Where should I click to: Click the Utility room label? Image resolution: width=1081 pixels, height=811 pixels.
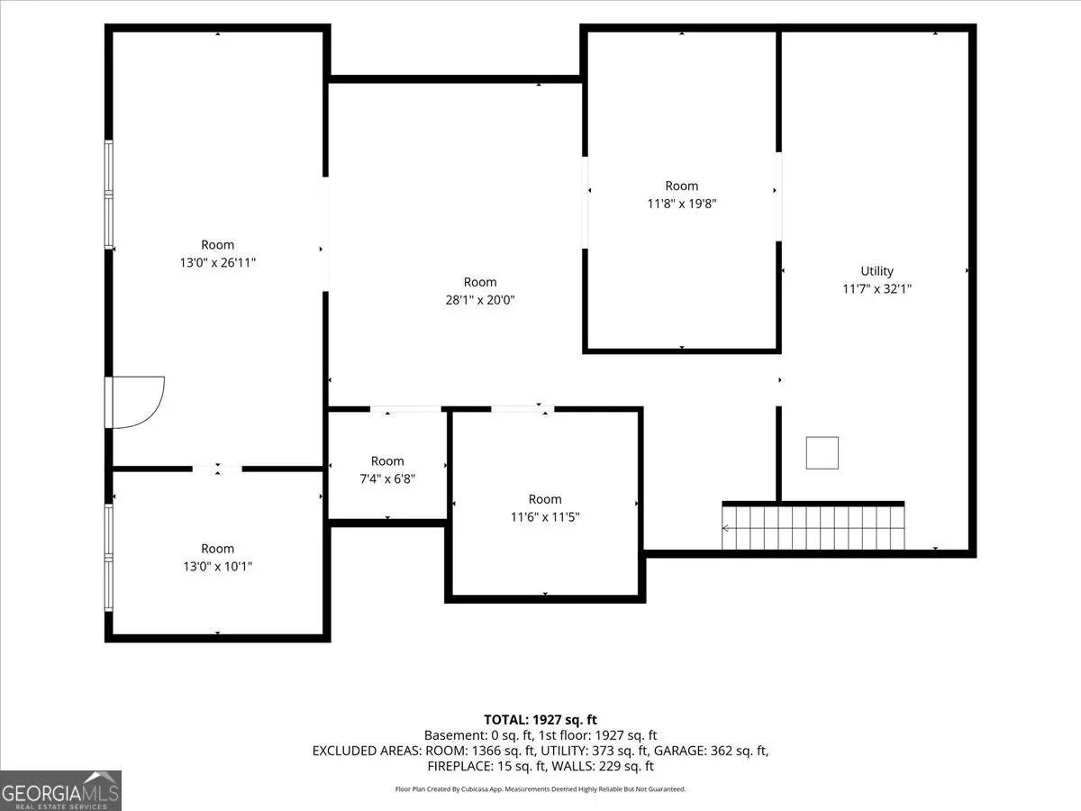[x=877, y=271]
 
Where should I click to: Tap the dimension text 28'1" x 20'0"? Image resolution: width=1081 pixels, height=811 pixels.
[x=479, y=300]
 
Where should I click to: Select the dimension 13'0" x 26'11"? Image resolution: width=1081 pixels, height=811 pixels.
[x=217, y=262]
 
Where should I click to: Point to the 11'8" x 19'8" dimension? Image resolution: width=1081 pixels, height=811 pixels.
[x=681, y=204]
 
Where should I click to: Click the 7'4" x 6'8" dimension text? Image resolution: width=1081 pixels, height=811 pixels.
[x=387, y=478]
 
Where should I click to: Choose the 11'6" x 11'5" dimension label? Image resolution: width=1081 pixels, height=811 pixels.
[x=545, y=516]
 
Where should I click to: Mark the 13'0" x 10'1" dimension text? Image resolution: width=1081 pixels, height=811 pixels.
[x=217, y=566]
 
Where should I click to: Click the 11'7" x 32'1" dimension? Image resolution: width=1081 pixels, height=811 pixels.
[x=877, y=288]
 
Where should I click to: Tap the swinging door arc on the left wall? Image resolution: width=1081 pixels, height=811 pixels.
[x=157, y=411]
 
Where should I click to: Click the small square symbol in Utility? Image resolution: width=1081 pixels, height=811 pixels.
[x=822, y=452]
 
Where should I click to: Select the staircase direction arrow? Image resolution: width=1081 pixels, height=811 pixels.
[x=813, y=528]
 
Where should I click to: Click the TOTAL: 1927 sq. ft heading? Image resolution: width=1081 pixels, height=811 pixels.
[x=540, y=719]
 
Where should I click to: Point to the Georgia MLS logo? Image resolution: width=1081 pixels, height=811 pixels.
[x=60, y=790]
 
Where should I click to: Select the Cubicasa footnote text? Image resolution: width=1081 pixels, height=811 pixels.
[x=540, y=788]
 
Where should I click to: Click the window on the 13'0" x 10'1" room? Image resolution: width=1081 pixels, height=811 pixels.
[x=108, y=558]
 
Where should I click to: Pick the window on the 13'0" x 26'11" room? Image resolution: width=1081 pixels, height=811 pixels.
[x=108, y=195]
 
